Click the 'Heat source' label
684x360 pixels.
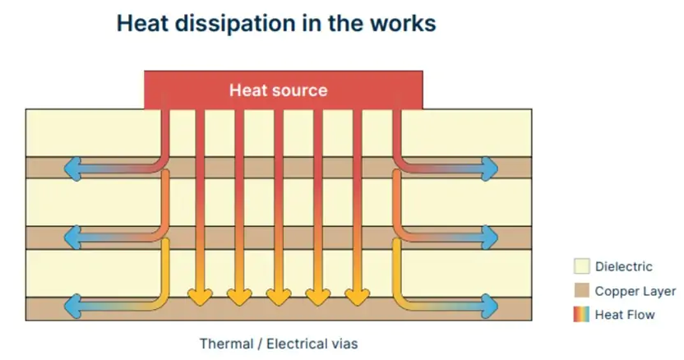pos(278,90)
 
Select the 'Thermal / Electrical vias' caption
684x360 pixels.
pos(279,343)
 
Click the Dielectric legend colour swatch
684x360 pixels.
pos(581,266)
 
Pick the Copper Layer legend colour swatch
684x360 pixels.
pos(581,290)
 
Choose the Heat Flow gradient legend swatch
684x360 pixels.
pos(581,314)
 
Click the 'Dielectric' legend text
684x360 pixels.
pos(623,266)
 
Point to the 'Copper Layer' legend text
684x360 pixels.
pos(635,290)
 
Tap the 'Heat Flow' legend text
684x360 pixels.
pos(625,314)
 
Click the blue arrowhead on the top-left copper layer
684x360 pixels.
pos(72,168)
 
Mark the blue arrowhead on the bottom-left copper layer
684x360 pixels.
pos(72,307)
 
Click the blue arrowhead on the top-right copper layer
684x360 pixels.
pos(490,168)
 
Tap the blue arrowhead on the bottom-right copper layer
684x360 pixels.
pos(490,307)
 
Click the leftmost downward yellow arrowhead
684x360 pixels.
pos(198,295)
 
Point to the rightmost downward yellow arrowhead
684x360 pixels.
pos(357,295)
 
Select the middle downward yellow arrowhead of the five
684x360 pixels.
pos(278,295)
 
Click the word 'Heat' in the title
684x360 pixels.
pos(145,23)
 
